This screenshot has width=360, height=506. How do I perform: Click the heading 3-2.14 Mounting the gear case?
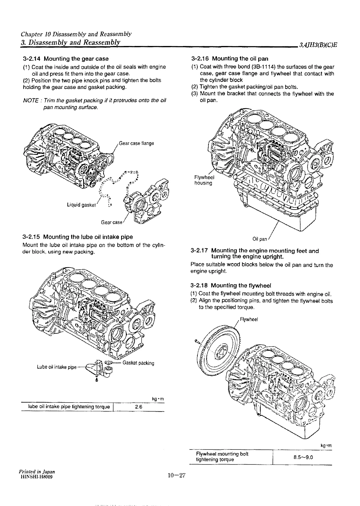pos(66,59)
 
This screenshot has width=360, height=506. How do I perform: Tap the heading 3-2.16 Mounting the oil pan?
pos(230,59)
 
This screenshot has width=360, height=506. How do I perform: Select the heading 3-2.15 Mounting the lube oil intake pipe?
pos(78,237)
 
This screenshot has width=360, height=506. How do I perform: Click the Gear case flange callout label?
pos(136,143)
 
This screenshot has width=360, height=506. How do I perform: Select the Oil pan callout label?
pos(260,239)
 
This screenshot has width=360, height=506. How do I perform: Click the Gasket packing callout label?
pos(139,363)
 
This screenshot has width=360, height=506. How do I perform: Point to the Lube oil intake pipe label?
pos(57,367)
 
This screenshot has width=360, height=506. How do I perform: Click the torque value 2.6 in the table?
pos(139,407)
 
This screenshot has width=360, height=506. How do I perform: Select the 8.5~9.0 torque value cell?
pos(303,457)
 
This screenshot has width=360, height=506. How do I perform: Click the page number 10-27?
pos(178,476)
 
